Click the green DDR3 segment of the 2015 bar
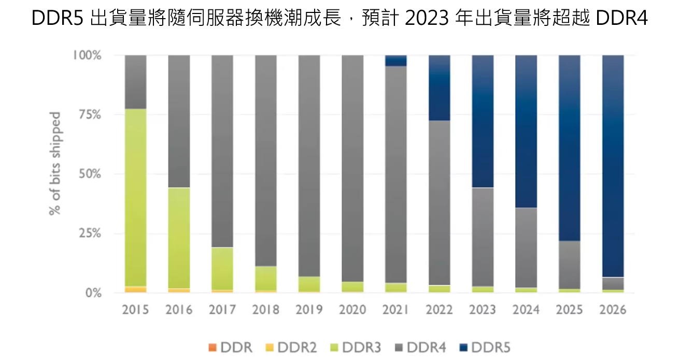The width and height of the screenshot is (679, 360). coord(135,197)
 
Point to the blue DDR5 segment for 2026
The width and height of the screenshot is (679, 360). coord(613,166)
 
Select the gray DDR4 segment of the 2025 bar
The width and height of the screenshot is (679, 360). coord(570,265)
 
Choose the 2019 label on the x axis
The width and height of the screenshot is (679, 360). coord(309,310)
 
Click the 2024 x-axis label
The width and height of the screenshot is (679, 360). coord(526,310)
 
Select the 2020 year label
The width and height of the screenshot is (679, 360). coord(352,310)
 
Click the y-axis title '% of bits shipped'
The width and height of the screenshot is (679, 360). coord(55,163)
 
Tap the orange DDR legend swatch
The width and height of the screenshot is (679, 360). coord(212,347)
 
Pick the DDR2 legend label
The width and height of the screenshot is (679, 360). coord(297,348)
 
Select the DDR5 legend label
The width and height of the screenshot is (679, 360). coord(497,348)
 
